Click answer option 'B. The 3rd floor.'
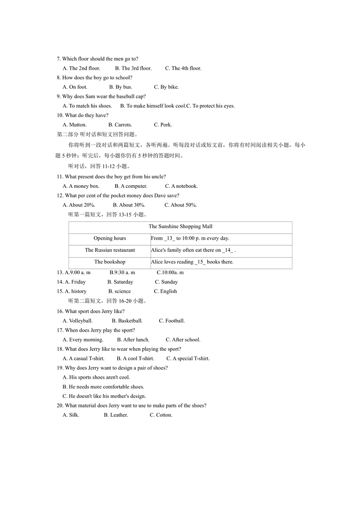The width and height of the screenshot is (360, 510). click(133, 69)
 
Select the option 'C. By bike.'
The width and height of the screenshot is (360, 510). click(166, 87)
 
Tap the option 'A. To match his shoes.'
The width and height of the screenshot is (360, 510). click(87, 106)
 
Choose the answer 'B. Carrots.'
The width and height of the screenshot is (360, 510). click(120, 125)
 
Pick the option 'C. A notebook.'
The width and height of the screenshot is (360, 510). click(181, 186)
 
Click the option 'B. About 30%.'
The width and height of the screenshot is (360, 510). click(129, 205)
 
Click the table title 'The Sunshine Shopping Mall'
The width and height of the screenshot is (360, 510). click(180, 226)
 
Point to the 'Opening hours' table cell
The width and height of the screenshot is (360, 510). click(110, 239)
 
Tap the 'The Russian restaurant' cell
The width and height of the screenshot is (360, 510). click(110, 250)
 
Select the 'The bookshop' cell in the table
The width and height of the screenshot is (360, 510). click(110, 262)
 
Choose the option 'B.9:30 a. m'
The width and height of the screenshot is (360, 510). click(122, 273)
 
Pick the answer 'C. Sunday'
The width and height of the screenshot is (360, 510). click(166, 282)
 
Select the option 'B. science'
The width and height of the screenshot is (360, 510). click(119, 292)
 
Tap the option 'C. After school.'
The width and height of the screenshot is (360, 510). click(183, 340)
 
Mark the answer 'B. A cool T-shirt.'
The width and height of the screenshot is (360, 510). click(135, 359)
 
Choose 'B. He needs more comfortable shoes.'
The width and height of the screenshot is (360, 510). click(103, 387)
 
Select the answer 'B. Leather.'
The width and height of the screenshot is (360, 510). click(116, 415)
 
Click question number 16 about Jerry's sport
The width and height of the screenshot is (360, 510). click(60, 312)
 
